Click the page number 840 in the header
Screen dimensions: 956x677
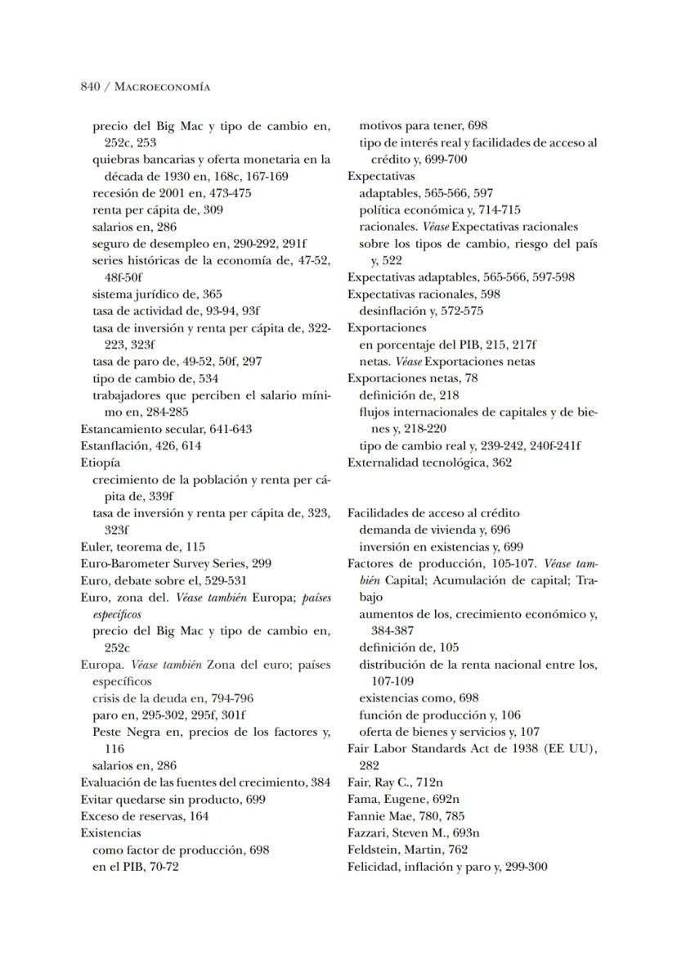point(90,86)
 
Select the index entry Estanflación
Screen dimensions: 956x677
point(111,445)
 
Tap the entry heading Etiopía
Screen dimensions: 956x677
point(98,462)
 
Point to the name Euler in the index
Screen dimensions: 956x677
point(95,546)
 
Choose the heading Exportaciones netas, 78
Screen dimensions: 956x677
point(401,377)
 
